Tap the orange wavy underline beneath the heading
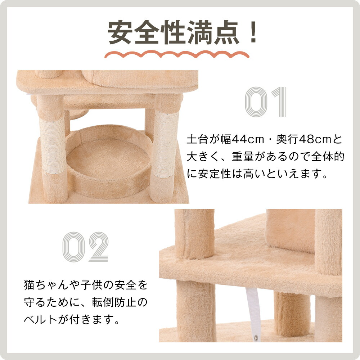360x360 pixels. (177, 55)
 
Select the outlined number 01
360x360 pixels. (265, 102)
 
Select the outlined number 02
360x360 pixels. (85, 247)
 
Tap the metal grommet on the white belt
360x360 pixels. (256, 337)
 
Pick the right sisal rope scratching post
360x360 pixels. (165, 145)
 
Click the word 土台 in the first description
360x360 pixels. (197, 140)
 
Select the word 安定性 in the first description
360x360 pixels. (214, 174)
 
